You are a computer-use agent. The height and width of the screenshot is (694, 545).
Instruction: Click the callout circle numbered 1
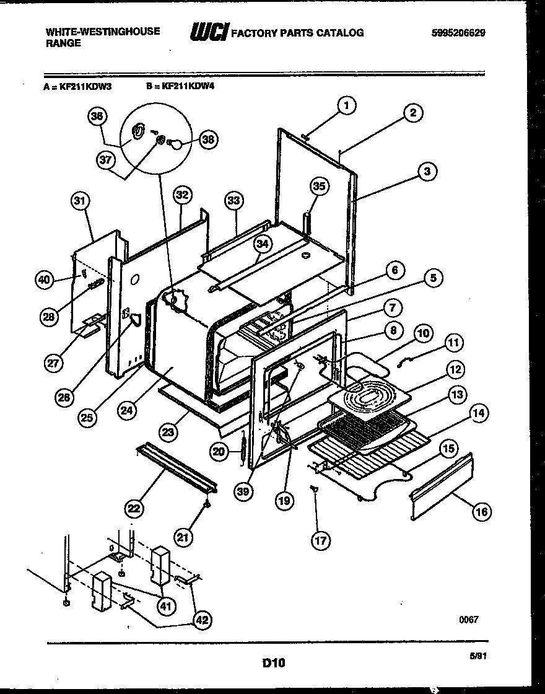(x=346, y=105)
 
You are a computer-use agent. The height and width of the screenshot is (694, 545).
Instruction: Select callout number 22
(x=133, y=509)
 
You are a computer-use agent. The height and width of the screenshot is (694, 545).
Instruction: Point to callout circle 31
(x=80, y=201)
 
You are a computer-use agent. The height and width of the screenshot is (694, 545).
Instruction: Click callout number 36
(x=97, y=116)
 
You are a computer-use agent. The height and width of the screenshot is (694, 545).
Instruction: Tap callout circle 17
(x=320, y=540)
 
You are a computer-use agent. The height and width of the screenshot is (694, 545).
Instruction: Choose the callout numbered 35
(x=318, y=185)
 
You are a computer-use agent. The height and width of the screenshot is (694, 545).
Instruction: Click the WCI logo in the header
(x=209, y=32)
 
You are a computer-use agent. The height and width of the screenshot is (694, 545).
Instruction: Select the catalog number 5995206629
(x=458, y=33)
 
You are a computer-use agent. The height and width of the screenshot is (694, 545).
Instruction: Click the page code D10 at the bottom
(x=273, y=662)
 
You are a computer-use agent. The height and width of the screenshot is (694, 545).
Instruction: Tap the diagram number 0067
(x=469, y=619)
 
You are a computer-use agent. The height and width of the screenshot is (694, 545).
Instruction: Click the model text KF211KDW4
(x=187, y=87)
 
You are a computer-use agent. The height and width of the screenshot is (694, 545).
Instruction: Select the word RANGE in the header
(x=63, y=43)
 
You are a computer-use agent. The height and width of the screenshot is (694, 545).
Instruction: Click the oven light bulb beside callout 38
(x=177, y=143)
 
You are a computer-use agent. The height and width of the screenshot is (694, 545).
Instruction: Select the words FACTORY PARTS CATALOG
(x=297, y=33)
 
